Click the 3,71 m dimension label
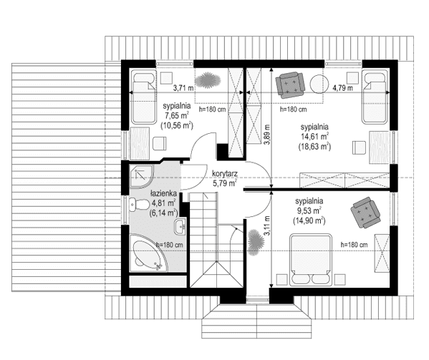click(185, 88)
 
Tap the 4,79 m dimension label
click(343, 88)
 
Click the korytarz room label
click(224, 173)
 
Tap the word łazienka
click(163, 193)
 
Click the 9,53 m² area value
click(309, 211)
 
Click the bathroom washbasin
click(180, 228)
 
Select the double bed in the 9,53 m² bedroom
click(311, 258)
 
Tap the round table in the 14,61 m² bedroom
click(317, 84)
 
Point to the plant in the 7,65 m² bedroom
click(207, 78)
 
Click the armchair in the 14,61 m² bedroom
click(291, 84)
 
